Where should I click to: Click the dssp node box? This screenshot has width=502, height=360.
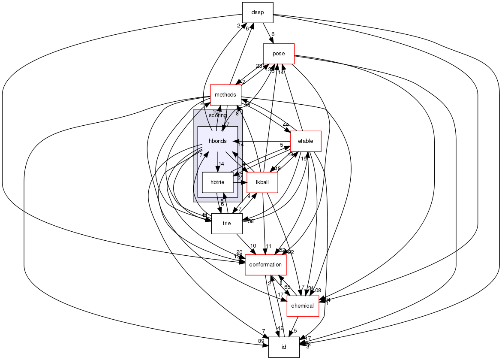pyautogui.click(x=258, y=12)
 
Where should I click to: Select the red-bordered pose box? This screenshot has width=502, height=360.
pyautogui.click(x=279, y=54)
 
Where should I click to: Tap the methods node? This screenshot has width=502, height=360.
pyautogui.click(x=225, y=95)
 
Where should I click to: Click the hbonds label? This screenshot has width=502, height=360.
pyautogui.click(x=217, y=141)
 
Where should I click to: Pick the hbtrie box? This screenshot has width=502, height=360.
pyautogui.click(x=217, y=182)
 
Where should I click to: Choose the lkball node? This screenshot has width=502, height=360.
pyautogui.click(x=262, y=182)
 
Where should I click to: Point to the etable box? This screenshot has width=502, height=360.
pyautogui.click(x=306, y=141)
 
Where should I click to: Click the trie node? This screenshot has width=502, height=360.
pyautogui.click(x=227, y=224)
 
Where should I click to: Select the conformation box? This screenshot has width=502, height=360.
pyautogui.click(x=265, y=265)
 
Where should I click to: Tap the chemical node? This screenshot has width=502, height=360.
pyautogui.click(x=303, y=306)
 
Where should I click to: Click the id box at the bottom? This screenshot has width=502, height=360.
pyautogui.click(x=284, y=347)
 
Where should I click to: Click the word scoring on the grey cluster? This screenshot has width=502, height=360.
pyautogui.click(x=217, y=115)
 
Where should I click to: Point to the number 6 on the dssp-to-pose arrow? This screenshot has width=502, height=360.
pyautogui.click(x=273, y=34)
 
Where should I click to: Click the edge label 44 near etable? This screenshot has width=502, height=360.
pyautogui.click(x=286, y=124)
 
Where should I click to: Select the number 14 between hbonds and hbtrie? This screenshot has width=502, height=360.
pyautogui.click(x=222, y=164)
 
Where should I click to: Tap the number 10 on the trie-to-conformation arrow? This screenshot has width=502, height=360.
pyautogui.click(x=253, y=245)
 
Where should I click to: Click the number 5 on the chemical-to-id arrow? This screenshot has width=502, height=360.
pyautogui.click(x=295, y=331)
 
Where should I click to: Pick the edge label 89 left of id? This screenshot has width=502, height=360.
pyautogui.click(x=261, y=341)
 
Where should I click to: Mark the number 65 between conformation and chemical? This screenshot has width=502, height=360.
pyautogui.click(x=287, y=287)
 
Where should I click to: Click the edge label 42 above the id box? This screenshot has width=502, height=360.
pyautogui.click(x=280, y=328)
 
